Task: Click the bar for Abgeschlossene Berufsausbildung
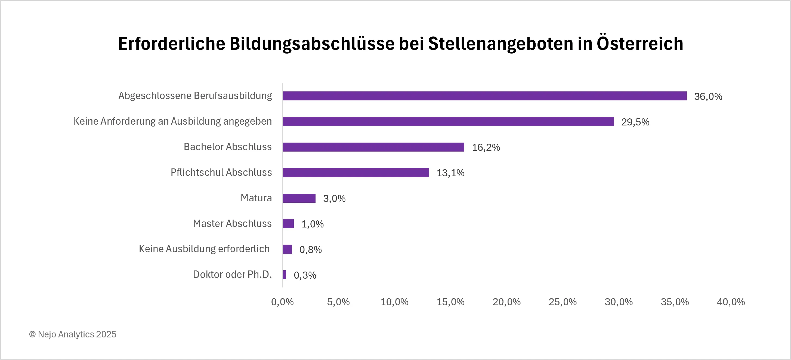coord(484,96)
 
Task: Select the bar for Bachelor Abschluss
coord(373,147)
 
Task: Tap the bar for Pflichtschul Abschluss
coord(356,173)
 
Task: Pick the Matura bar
coord(299,198)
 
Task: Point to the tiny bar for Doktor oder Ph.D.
coord(285,275)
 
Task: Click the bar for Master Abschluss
coord(288,224)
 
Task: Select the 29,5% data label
coord(635,122)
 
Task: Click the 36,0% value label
coord(708,96)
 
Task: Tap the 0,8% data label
coord(310,250)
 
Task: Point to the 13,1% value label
coord(450,173)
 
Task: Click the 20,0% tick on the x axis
coord(506,302)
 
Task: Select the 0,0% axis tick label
coord(282,302)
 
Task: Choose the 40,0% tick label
coord(731,302)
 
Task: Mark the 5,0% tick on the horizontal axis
coord(338,302)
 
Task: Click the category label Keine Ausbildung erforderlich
coord(204,249)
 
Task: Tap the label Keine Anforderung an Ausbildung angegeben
coord(172,121)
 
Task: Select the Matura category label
coord(256,198)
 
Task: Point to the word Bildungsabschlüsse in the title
coord(312,44)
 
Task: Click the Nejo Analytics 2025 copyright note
coord(73,334)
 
